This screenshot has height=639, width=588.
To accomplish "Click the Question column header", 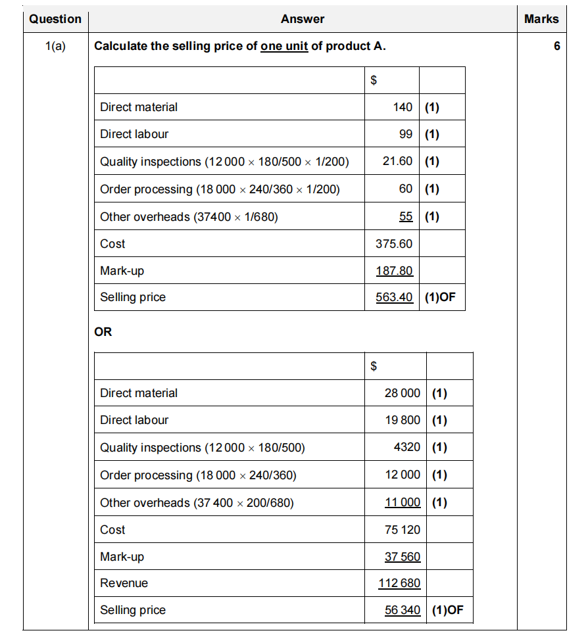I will [x=55, y=19].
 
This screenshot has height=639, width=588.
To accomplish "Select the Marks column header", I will [x=541, y=19].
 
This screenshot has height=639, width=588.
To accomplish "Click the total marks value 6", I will [x=556, y=47].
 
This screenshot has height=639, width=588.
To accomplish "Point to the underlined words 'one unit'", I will [x=284, y=47].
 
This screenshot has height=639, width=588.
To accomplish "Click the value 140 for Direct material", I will [x=403, y=107].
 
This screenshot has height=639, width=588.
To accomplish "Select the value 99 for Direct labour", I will [x=406, y=134].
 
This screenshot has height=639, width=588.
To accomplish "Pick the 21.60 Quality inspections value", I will [x=397, y=161].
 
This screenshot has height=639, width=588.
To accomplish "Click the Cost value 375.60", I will [x=394, y=244].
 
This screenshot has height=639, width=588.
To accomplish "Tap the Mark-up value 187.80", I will [x=394, y=271].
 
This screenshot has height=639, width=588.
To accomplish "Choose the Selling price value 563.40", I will [x=394, y=298].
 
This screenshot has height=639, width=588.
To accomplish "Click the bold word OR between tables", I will [x=103, y=332].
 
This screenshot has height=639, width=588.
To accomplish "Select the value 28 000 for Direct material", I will [x=402, y=393].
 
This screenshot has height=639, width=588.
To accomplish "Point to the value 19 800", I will [x=402, y=420].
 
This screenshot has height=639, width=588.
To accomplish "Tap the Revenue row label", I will [x=124, y=583].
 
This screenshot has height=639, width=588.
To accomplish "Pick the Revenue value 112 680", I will [x=399, y=583].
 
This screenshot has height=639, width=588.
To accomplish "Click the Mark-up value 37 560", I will [x=402, y=557].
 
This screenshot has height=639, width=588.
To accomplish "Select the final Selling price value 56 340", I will [x=402, y=610].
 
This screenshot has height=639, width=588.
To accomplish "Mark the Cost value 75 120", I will [x=402, y=530].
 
